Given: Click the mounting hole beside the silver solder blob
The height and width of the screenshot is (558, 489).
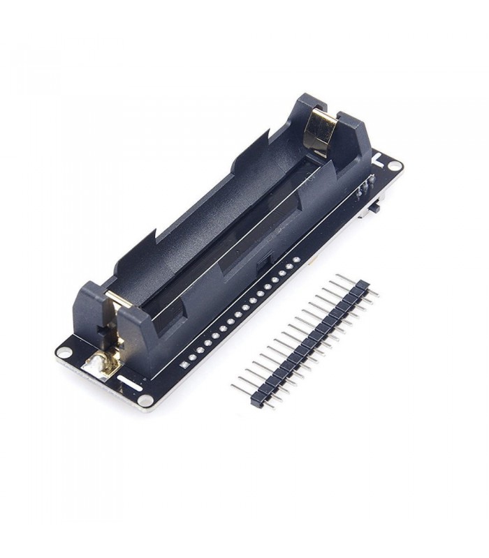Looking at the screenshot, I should coord(64,352).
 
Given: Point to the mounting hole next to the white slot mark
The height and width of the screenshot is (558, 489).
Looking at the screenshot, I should coord(145,400).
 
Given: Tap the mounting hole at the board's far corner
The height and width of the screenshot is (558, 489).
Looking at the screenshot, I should coord(395,166).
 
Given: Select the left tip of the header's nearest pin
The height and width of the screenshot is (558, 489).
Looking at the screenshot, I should coord(233,385).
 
